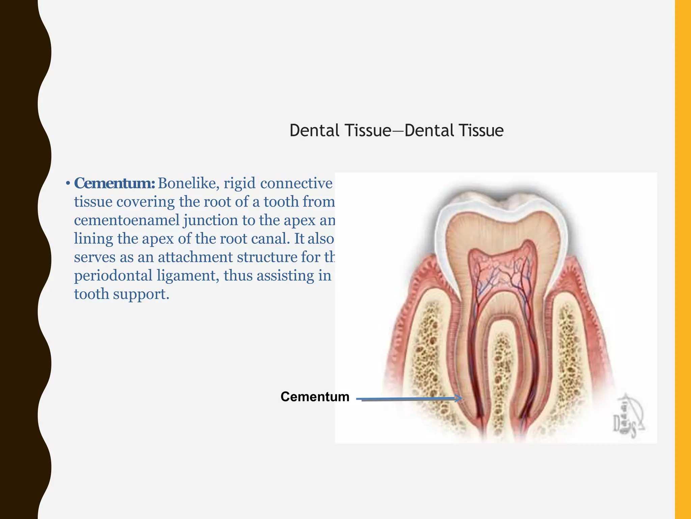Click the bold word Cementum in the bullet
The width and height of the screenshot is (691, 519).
point(114,183)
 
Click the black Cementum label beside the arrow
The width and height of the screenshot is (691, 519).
point(315,397)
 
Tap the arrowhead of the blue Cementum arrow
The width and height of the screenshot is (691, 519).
point(459,399)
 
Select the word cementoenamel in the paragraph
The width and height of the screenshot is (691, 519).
point(127,220)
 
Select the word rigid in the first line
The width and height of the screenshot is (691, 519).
point(239,183)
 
